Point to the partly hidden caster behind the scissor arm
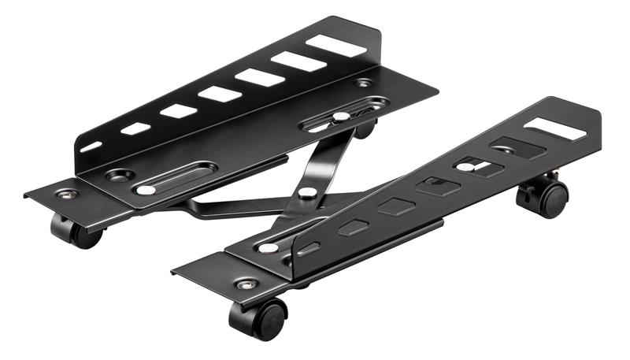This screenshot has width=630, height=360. click(365, 128)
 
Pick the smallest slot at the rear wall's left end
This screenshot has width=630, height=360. click(92, 146)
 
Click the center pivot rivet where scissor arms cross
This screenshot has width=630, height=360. click(308, 191)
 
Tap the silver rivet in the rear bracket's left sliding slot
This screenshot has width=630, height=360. click(146, 190)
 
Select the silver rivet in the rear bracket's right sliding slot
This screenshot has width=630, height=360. click(340, 116)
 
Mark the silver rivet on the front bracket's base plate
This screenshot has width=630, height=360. click(269, 247)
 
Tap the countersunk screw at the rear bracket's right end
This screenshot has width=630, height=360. click(363, 83)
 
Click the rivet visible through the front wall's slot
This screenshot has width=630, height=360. click(467, 167)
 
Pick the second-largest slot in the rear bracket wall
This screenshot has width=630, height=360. click(298, 61)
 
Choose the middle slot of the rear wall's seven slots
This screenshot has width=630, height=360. click(220, 94)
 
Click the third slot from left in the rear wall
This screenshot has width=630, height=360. click(179, 110)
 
